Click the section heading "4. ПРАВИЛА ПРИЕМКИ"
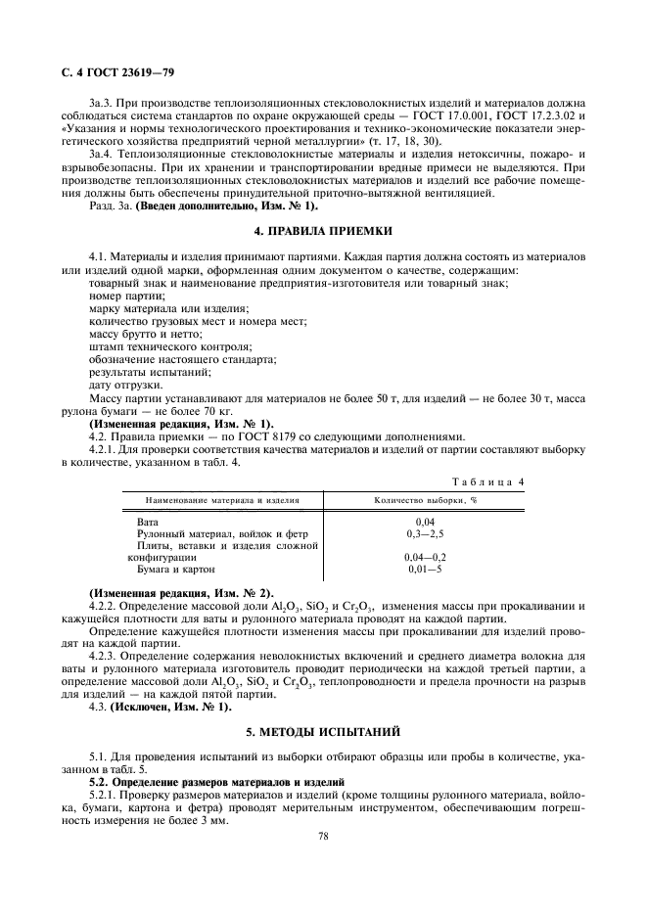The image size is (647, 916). pos(323,231)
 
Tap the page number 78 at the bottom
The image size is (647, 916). pos(323,836)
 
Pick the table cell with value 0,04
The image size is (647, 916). pos(425,523)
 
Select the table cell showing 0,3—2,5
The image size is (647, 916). pos(425,534)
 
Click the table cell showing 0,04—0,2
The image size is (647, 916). pos(425,557)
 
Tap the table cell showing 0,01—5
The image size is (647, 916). pos(425,569)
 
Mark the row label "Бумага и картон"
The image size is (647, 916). pos(175,569)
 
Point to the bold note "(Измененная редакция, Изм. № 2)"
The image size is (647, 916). pos(181,594)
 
